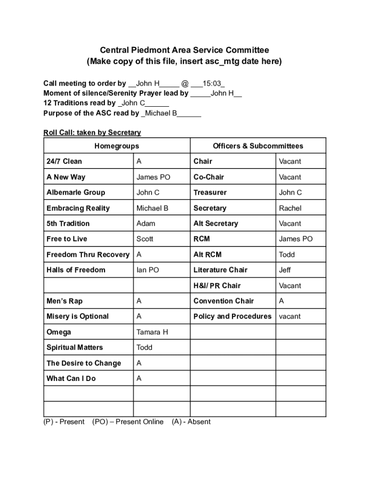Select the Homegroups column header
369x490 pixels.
click(117, 146)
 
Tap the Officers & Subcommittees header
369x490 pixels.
click(258, 146)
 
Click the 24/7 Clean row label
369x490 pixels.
click(64, 161)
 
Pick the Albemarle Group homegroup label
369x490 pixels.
click(76, 192)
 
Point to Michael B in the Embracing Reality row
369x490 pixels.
click(152, 208)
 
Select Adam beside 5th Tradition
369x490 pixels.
click(146, 223)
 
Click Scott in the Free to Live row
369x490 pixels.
click(145, 239)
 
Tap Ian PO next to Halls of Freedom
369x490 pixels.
click(148, 270)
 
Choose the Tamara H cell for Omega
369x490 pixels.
click(152, 332)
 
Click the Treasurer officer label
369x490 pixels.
click(210, 192)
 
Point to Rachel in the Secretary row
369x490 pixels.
click(290, 208)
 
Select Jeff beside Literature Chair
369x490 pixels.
click(285, 270)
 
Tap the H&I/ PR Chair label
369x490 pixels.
click(217, 286)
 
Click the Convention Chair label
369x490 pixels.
click(223, 301)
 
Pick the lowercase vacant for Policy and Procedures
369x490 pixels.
click(290, 316)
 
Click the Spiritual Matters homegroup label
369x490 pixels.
click(75, 347)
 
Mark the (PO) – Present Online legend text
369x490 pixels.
click(127, 422)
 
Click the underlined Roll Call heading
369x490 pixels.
click(92, 133)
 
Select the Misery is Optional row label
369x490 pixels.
click(78, 316)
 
